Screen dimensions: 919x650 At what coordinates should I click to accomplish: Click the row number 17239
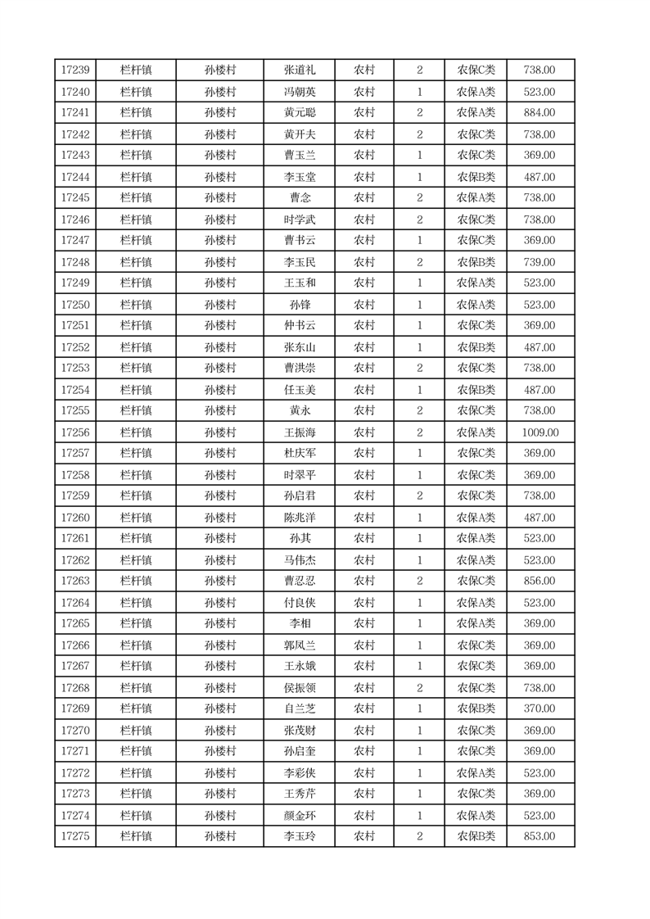[x=75, y=70]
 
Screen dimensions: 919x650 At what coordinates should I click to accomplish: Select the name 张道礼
[x=299, y=70]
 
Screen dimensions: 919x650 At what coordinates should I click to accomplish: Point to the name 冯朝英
[x=299, y=92]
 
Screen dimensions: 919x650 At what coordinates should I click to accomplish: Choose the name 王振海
[x=299, y=432]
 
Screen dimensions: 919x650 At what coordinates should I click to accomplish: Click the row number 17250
[x=75, y=305]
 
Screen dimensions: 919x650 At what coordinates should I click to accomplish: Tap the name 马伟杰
[x=299, y=560]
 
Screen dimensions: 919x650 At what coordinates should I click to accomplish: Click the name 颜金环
[x=299, y=816]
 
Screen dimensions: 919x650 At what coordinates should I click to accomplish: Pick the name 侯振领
[x=299, y=688]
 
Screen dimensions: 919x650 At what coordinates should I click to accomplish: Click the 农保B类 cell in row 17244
[x=476, y=177]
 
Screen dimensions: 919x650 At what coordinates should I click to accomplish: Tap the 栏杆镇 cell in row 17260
[x=136, y=518]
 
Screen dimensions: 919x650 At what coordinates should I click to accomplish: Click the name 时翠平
[x=299, y=475]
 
